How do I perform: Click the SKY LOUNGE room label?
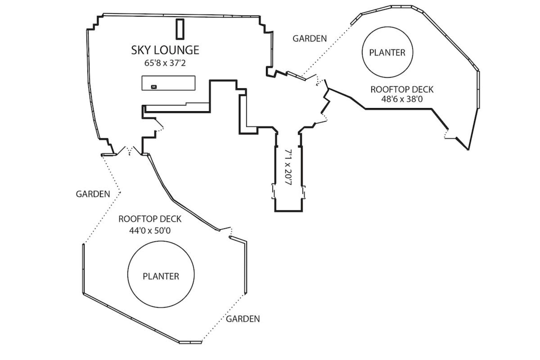(165, 50)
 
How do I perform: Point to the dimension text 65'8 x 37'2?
(165, 63)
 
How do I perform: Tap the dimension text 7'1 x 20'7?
(288, 167)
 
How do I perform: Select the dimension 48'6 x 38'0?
(402, 99)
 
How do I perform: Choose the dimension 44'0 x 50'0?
(150, 231)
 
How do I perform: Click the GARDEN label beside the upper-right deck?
(310, 39)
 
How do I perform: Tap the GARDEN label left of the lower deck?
(93, 194)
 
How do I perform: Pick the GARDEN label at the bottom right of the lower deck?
(243, 319)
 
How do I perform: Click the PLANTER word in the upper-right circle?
(387, 53)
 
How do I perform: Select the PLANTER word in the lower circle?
(161, 276)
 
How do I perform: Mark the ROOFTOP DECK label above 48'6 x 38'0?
(402, 90)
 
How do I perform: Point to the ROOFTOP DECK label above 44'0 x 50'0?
(150, 219)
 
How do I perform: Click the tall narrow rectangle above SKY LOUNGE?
(180, 29)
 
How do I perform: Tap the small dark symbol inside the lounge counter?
(154, 87)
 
